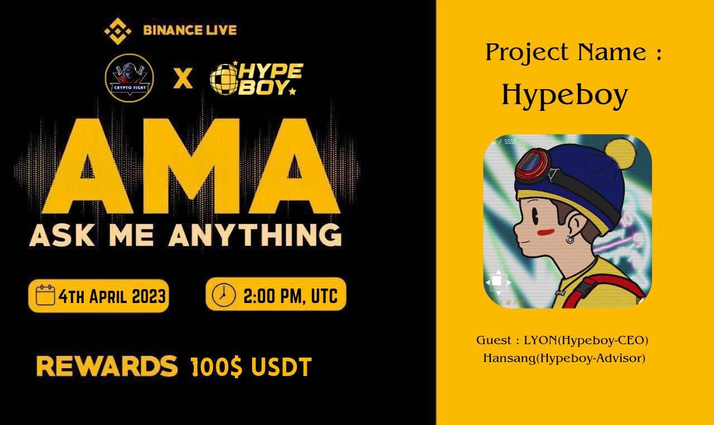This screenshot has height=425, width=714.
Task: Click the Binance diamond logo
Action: pyautogui.click(x=118, y=31)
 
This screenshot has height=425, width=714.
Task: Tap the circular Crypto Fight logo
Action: pyautogui.click(x=129, y=78)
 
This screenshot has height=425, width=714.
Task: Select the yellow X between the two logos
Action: pyautogui.click(x=182, y=79)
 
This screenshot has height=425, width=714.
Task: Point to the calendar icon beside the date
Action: pyautogui.click(x=45, y=295)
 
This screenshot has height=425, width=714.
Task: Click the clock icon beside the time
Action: pyautogui.click(x=224, y=295)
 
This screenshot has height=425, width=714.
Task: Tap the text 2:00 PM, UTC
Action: pyautogui.click(x=290, y=295)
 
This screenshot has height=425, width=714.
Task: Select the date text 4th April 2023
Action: pyautogui.click(x=112, y=296)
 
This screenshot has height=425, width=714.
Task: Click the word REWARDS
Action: pyautogui.click(x=107, y=366)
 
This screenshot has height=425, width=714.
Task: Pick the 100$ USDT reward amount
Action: pyautogui.click(x=251, y=367)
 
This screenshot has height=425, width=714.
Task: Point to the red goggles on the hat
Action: pyautogui.click(x=533, y=164)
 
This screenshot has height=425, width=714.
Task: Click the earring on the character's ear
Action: pyautogui.click(x=570, y=240)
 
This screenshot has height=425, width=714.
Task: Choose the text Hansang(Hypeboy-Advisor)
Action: pyautogui.click(x=564, y=358)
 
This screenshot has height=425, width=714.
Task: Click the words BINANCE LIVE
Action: pyautogui.click(x=190, y=30)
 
